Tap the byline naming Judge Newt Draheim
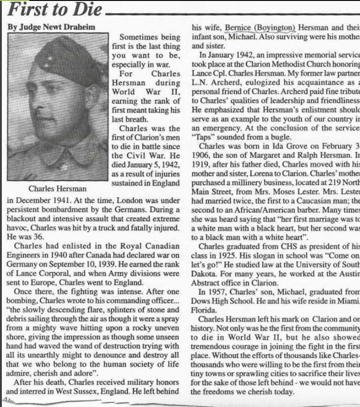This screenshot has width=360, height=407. pos(51,27)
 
